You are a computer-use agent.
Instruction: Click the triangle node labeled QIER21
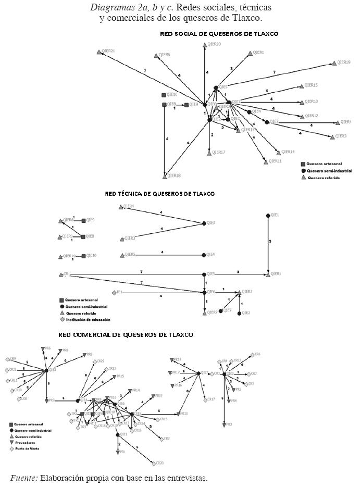coord(99,52)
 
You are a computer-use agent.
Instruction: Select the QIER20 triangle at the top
coord(205,45)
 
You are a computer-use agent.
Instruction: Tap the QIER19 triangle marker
coord(334,64)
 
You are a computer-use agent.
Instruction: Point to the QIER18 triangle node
coord(165,176)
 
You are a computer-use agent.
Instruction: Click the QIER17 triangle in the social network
coord(209,153)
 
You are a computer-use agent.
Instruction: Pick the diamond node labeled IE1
coord(114,293)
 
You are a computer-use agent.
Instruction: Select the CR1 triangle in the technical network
coord(60,274)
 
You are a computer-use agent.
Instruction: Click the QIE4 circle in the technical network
coord(204,255)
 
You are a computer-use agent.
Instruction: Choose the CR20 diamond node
coord(154,463)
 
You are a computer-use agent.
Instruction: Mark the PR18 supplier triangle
coord(172,360)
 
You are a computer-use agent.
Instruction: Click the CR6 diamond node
coord(252,355)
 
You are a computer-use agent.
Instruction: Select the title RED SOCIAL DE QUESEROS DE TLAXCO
coord(219,34)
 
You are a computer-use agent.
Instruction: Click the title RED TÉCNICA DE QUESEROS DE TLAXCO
coord(159,194)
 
